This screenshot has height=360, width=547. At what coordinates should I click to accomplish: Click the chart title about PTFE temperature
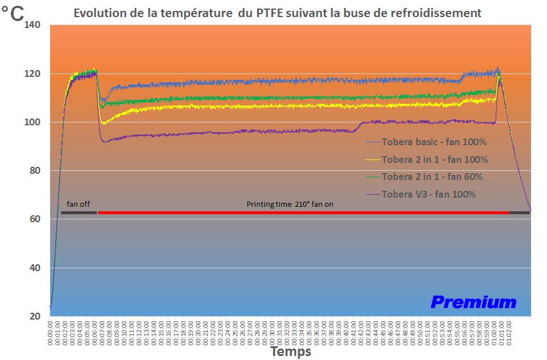277,12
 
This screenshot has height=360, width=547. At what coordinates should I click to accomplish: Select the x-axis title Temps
291,351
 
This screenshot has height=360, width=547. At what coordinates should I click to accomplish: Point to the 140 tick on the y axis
33,25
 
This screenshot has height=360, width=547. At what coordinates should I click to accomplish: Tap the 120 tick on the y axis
33,73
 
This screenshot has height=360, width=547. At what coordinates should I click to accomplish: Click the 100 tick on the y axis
33,122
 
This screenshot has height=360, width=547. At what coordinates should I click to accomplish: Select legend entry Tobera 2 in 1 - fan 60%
433,177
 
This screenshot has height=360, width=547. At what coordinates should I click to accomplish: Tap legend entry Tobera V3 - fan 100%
429,194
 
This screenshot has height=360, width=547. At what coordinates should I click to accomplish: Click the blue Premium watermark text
473,302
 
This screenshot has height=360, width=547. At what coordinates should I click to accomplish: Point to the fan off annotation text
78,204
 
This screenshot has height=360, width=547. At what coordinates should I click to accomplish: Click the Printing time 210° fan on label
290,204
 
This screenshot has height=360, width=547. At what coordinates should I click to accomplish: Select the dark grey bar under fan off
79,212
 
